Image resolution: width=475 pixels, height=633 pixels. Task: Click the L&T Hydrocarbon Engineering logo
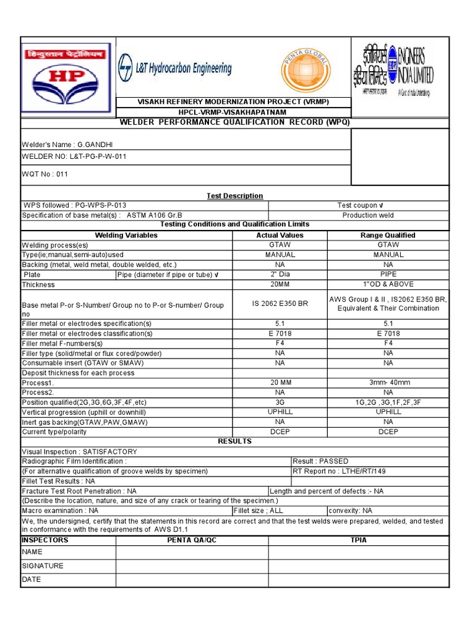[x=175, y=69]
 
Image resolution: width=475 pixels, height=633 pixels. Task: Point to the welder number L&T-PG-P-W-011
[x=74, y=156]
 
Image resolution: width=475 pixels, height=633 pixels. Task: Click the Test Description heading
[x=234, y=196]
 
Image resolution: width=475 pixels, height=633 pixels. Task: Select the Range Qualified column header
[x=388, y=236]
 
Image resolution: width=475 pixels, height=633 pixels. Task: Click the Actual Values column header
[x=280, y=236]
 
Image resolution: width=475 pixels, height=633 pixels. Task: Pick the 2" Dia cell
[x=280, y=274]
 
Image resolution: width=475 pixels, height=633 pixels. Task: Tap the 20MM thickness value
[x=280, y=284]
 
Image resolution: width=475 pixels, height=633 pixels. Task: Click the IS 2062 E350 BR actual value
[x=280, y=304]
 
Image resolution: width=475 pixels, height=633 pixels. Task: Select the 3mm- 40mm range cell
[x=388, y=383]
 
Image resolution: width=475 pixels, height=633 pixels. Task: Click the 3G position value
[x=280, y=402]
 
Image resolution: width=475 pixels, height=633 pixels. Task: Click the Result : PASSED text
[x=321, y=461]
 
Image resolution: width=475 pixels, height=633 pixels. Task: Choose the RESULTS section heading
[x=234, y=441]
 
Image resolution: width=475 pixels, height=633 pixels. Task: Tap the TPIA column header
[x=358, y=540]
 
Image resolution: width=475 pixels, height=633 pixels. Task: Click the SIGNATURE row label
[x=43, y=566]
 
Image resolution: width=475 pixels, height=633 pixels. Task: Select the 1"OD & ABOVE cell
[x=388, y=284]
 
